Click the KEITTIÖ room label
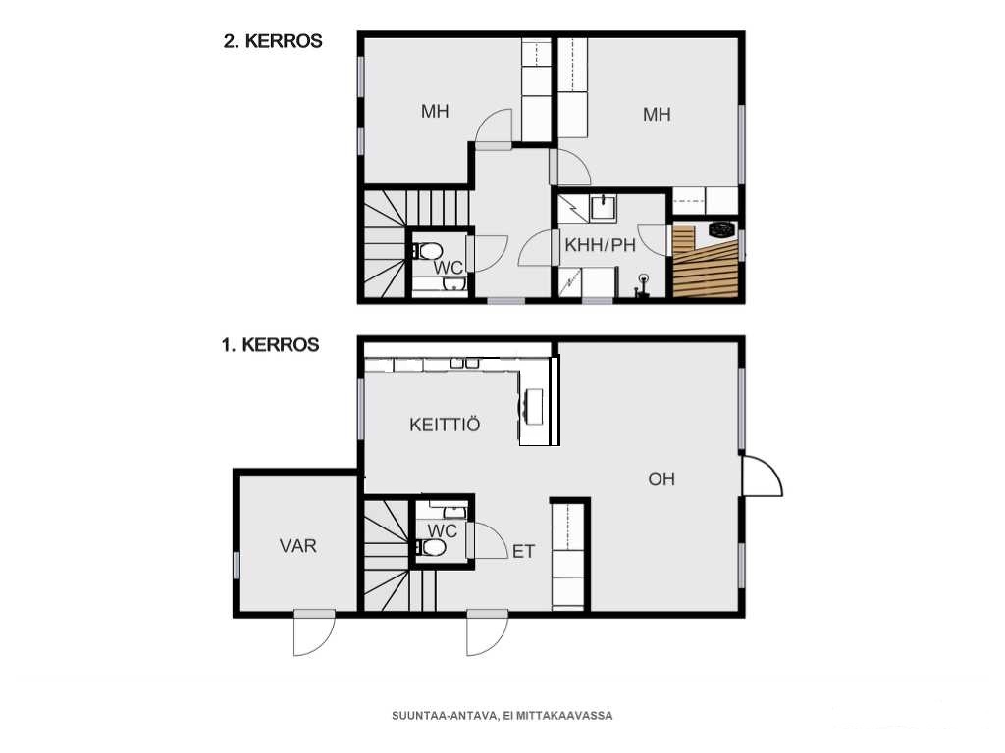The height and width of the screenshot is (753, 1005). pyautogui.click(x=445, y=424)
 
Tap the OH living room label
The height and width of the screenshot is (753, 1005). pyautogui.click(x=661, y=478)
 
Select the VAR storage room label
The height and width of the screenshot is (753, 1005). pyautogui.click(x=298, y=546)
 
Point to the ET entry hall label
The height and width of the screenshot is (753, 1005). pyautogui.click(x=523, y=551)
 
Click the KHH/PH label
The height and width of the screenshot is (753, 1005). pyautogui.click(x=600, y=245)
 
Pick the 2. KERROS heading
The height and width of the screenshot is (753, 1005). pyautogui.click(x=273, y=41)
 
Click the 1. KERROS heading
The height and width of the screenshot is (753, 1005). pyautogui.click(x=270, y=345)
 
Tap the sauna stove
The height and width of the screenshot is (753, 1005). pyautogui.click(x=722, y=229)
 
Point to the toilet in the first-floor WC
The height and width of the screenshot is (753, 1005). pyautogui.click(x=431, y=548)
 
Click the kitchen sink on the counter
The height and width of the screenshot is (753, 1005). pyautogui.click(x=464, y=363)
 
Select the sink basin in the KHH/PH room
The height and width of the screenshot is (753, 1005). pyautogui.click(x=603, y=208)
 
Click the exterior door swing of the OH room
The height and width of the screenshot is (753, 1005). pyautogui.click(x=762, y=476)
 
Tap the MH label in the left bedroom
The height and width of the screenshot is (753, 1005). pyautogui.click(x=435, y=112)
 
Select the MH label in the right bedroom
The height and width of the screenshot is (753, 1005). pyautogui.click(x=657, y=115)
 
